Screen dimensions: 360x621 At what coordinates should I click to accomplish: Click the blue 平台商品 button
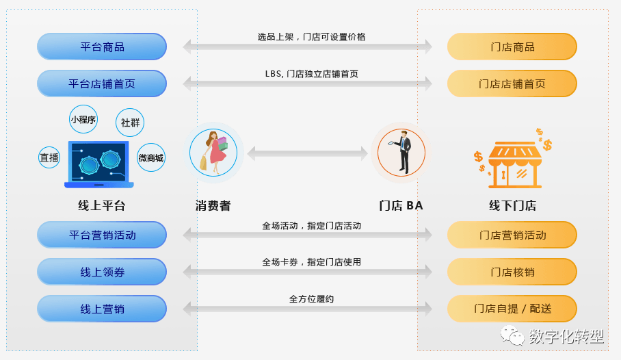tap(102, 47)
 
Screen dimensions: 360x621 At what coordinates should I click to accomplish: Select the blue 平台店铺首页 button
tap(102, 84)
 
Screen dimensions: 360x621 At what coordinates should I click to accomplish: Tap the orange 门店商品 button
tap(512, 47)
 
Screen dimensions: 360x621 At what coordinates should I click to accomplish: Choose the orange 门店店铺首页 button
tap(512, 84)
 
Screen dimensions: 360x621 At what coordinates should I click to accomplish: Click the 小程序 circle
tap(83, 120)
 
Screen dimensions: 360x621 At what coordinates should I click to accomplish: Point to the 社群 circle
tap(130, 123)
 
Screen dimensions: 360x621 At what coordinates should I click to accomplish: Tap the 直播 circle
tap(49, 157)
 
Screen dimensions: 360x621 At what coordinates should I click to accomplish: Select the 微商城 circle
tap(151, 158)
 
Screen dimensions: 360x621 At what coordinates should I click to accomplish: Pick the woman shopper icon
tap(213, 152)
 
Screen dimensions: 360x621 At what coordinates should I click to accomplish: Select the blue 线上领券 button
tap(102, 272)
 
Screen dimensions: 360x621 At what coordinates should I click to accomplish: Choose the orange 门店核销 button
tap(512, 272)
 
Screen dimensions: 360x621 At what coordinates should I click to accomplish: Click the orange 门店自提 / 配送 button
tap(512, 309)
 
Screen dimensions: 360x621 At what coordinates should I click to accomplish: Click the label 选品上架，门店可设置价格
tap(311, 37)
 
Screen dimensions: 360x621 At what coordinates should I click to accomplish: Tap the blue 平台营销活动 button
tap(102, 235)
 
